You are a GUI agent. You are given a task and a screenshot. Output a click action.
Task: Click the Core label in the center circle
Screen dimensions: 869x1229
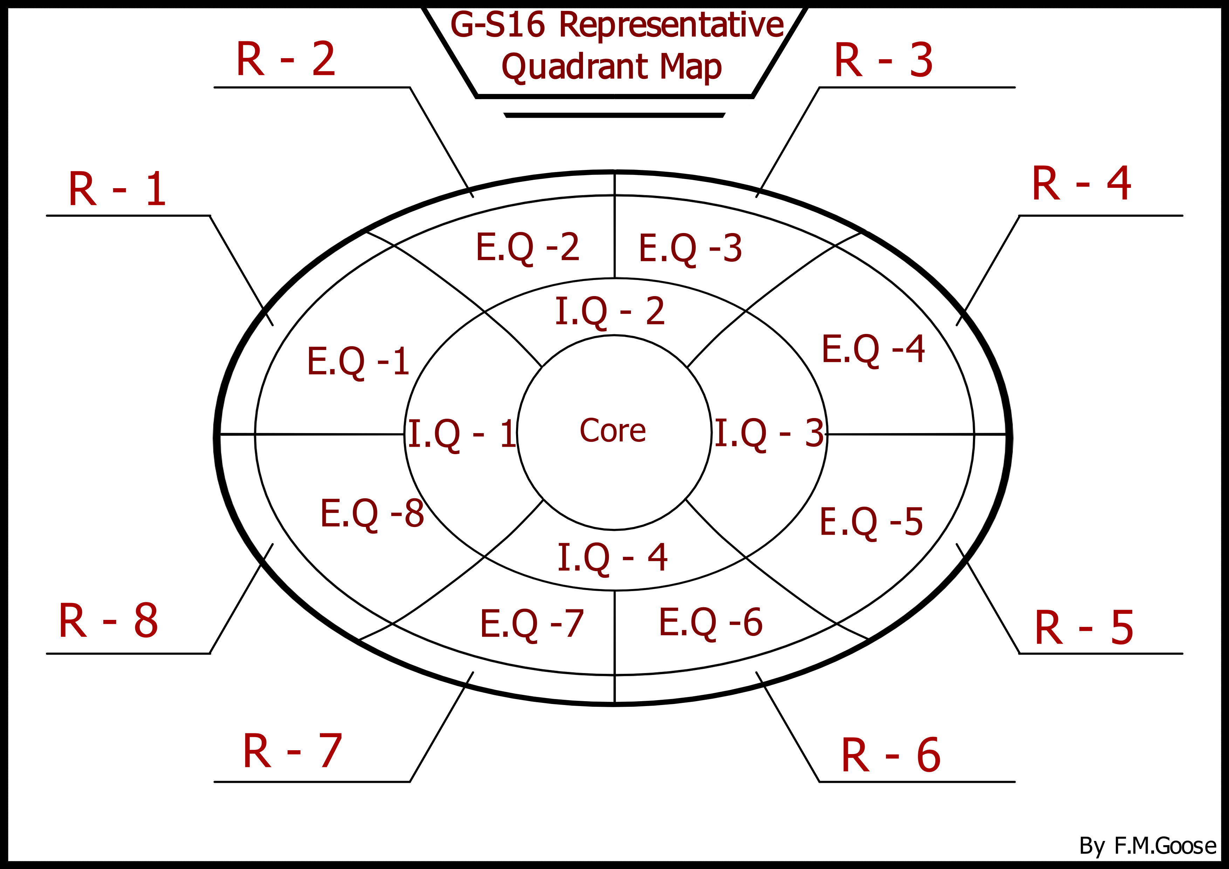[613, 431]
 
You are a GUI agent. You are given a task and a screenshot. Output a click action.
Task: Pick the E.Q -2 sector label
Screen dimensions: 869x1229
[527, 247]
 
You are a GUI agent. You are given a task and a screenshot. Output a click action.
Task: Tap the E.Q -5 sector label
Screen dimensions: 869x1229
[871, 522]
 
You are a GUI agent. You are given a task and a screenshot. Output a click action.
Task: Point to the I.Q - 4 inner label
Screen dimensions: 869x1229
[612, 557]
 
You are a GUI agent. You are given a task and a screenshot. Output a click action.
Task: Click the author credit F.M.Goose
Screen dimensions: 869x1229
[1165, 846]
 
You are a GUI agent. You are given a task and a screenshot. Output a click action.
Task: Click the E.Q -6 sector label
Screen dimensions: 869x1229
[710, 622]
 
